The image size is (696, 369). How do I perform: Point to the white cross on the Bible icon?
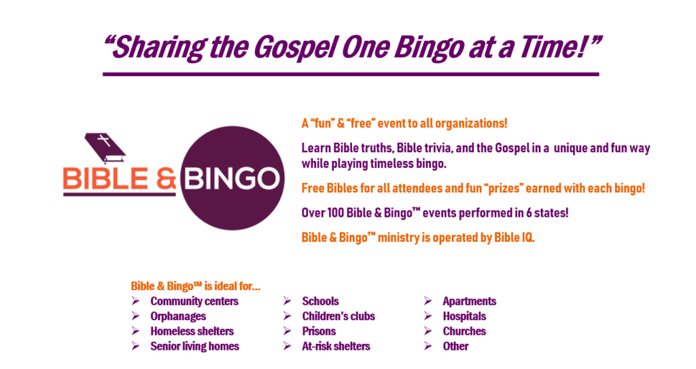(x=104, y=141)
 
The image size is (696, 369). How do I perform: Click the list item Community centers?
(x=194, y=301)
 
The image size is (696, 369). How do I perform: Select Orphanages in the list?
(x=178, y=316)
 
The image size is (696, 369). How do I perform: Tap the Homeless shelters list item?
(x=192, y=331)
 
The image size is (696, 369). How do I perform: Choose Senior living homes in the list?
(x=194, y=346)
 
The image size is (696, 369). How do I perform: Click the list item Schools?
(x=320, y=301)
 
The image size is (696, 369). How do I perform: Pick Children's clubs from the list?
(x=338, y=316)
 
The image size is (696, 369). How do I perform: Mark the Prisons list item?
(x=319, y=331)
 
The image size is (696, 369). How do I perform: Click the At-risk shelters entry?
(x=336, y=346)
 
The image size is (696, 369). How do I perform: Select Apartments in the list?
(x=469, y=301)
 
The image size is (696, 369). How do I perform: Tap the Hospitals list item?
(x=464, y=316)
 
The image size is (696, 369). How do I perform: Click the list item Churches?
(x=464, y=331)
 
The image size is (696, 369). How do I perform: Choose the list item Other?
(x=455, y=346)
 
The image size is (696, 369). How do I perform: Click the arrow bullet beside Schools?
(x=288, y=301)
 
